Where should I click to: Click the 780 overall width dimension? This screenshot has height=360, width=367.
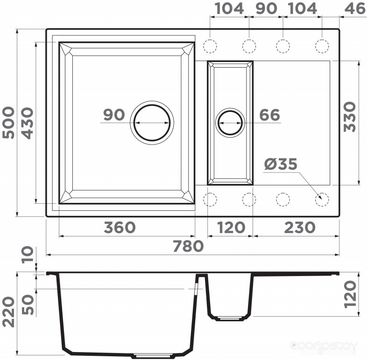click(x=189, y=246)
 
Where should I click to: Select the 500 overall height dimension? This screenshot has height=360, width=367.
click(x=8, y=123)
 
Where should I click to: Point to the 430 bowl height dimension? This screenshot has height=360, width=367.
click(x=28, y=123)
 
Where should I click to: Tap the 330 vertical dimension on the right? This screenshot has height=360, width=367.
click(x=350, y=117)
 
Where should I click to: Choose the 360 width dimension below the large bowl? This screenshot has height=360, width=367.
click(x=120, y=228)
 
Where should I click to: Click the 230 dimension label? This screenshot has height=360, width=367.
click(x=300, y=228)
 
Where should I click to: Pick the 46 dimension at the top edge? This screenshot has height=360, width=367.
click(x=355, y=9)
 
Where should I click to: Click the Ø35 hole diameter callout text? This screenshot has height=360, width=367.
click(x=281, y=164)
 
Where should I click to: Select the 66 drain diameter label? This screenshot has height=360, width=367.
click(x=269, y=115)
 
